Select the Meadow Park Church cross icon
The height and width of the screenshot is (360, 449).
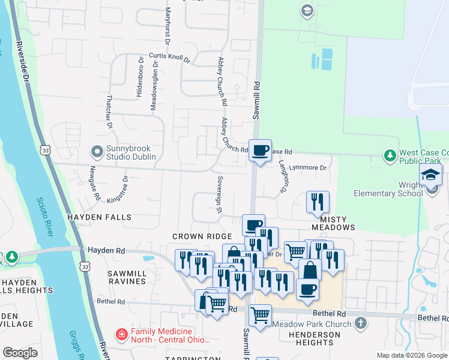(360, 324)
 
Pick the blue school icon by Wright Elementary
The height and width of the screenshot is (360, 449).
(430, 175)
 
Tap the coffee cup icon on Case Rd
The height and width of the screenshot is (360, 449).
(260, 150)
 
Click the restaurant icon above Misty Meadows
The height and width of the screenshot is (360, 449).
(318, 202)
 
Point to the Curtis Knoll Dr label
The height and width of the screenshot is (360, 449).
(169, 59)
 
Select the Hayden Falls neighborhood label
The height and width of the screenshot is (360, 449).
(91, 217)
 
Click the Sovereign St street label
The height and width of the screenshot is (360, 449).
(220, 194)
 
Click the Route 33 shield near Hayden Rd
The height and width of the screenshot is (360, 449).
(85, 266)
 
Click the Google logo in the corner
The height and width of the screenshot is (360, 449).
(20, 353)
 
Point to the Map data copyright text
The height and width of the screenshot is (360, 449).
(411, 355)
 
